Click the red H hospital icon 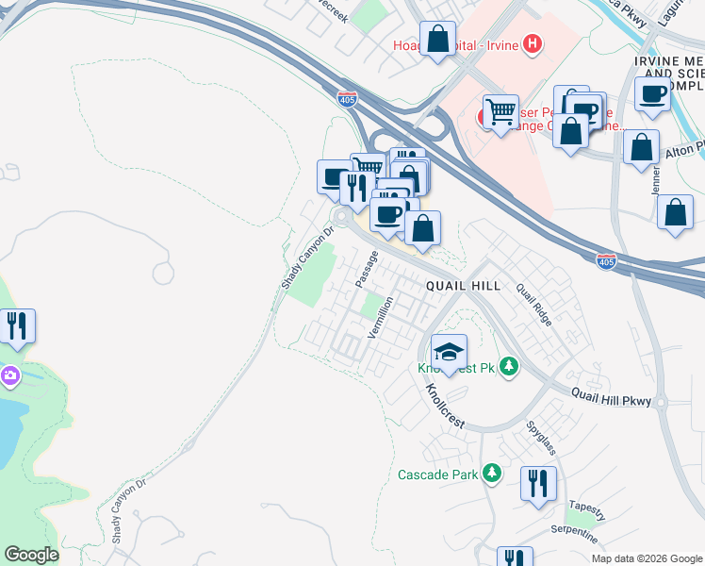tap(533, 42)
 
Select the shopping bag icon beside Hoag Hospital tap(438, 40)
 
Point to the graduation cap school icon tap(450, 352)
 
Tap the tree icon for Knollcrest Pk tap(510, 365)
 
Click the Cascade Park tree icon tap(490, 473)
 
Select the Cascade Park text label tap(437, 474)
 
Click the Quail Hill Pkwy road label tap(612, 400)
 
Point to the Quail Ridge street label tap(534, 304)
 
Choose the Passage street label tap(367, 269)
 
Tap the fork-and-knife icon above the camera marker tap(18, 326)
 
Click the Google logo tap(31, 554)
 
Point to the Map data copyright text tap(647, 558)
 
